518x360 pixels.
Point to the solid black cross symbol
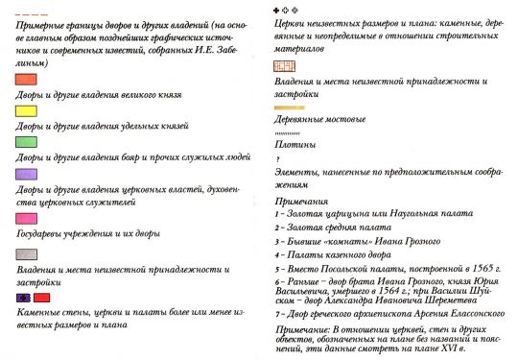coord(277,9)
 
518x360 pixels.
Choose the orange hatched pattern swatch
coord(285,67)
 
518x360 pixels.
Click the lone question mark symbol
coord(277,157)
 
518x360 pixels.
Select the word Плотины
coord(294,144)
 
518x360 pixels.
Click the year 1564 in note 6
coord(390,297)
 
